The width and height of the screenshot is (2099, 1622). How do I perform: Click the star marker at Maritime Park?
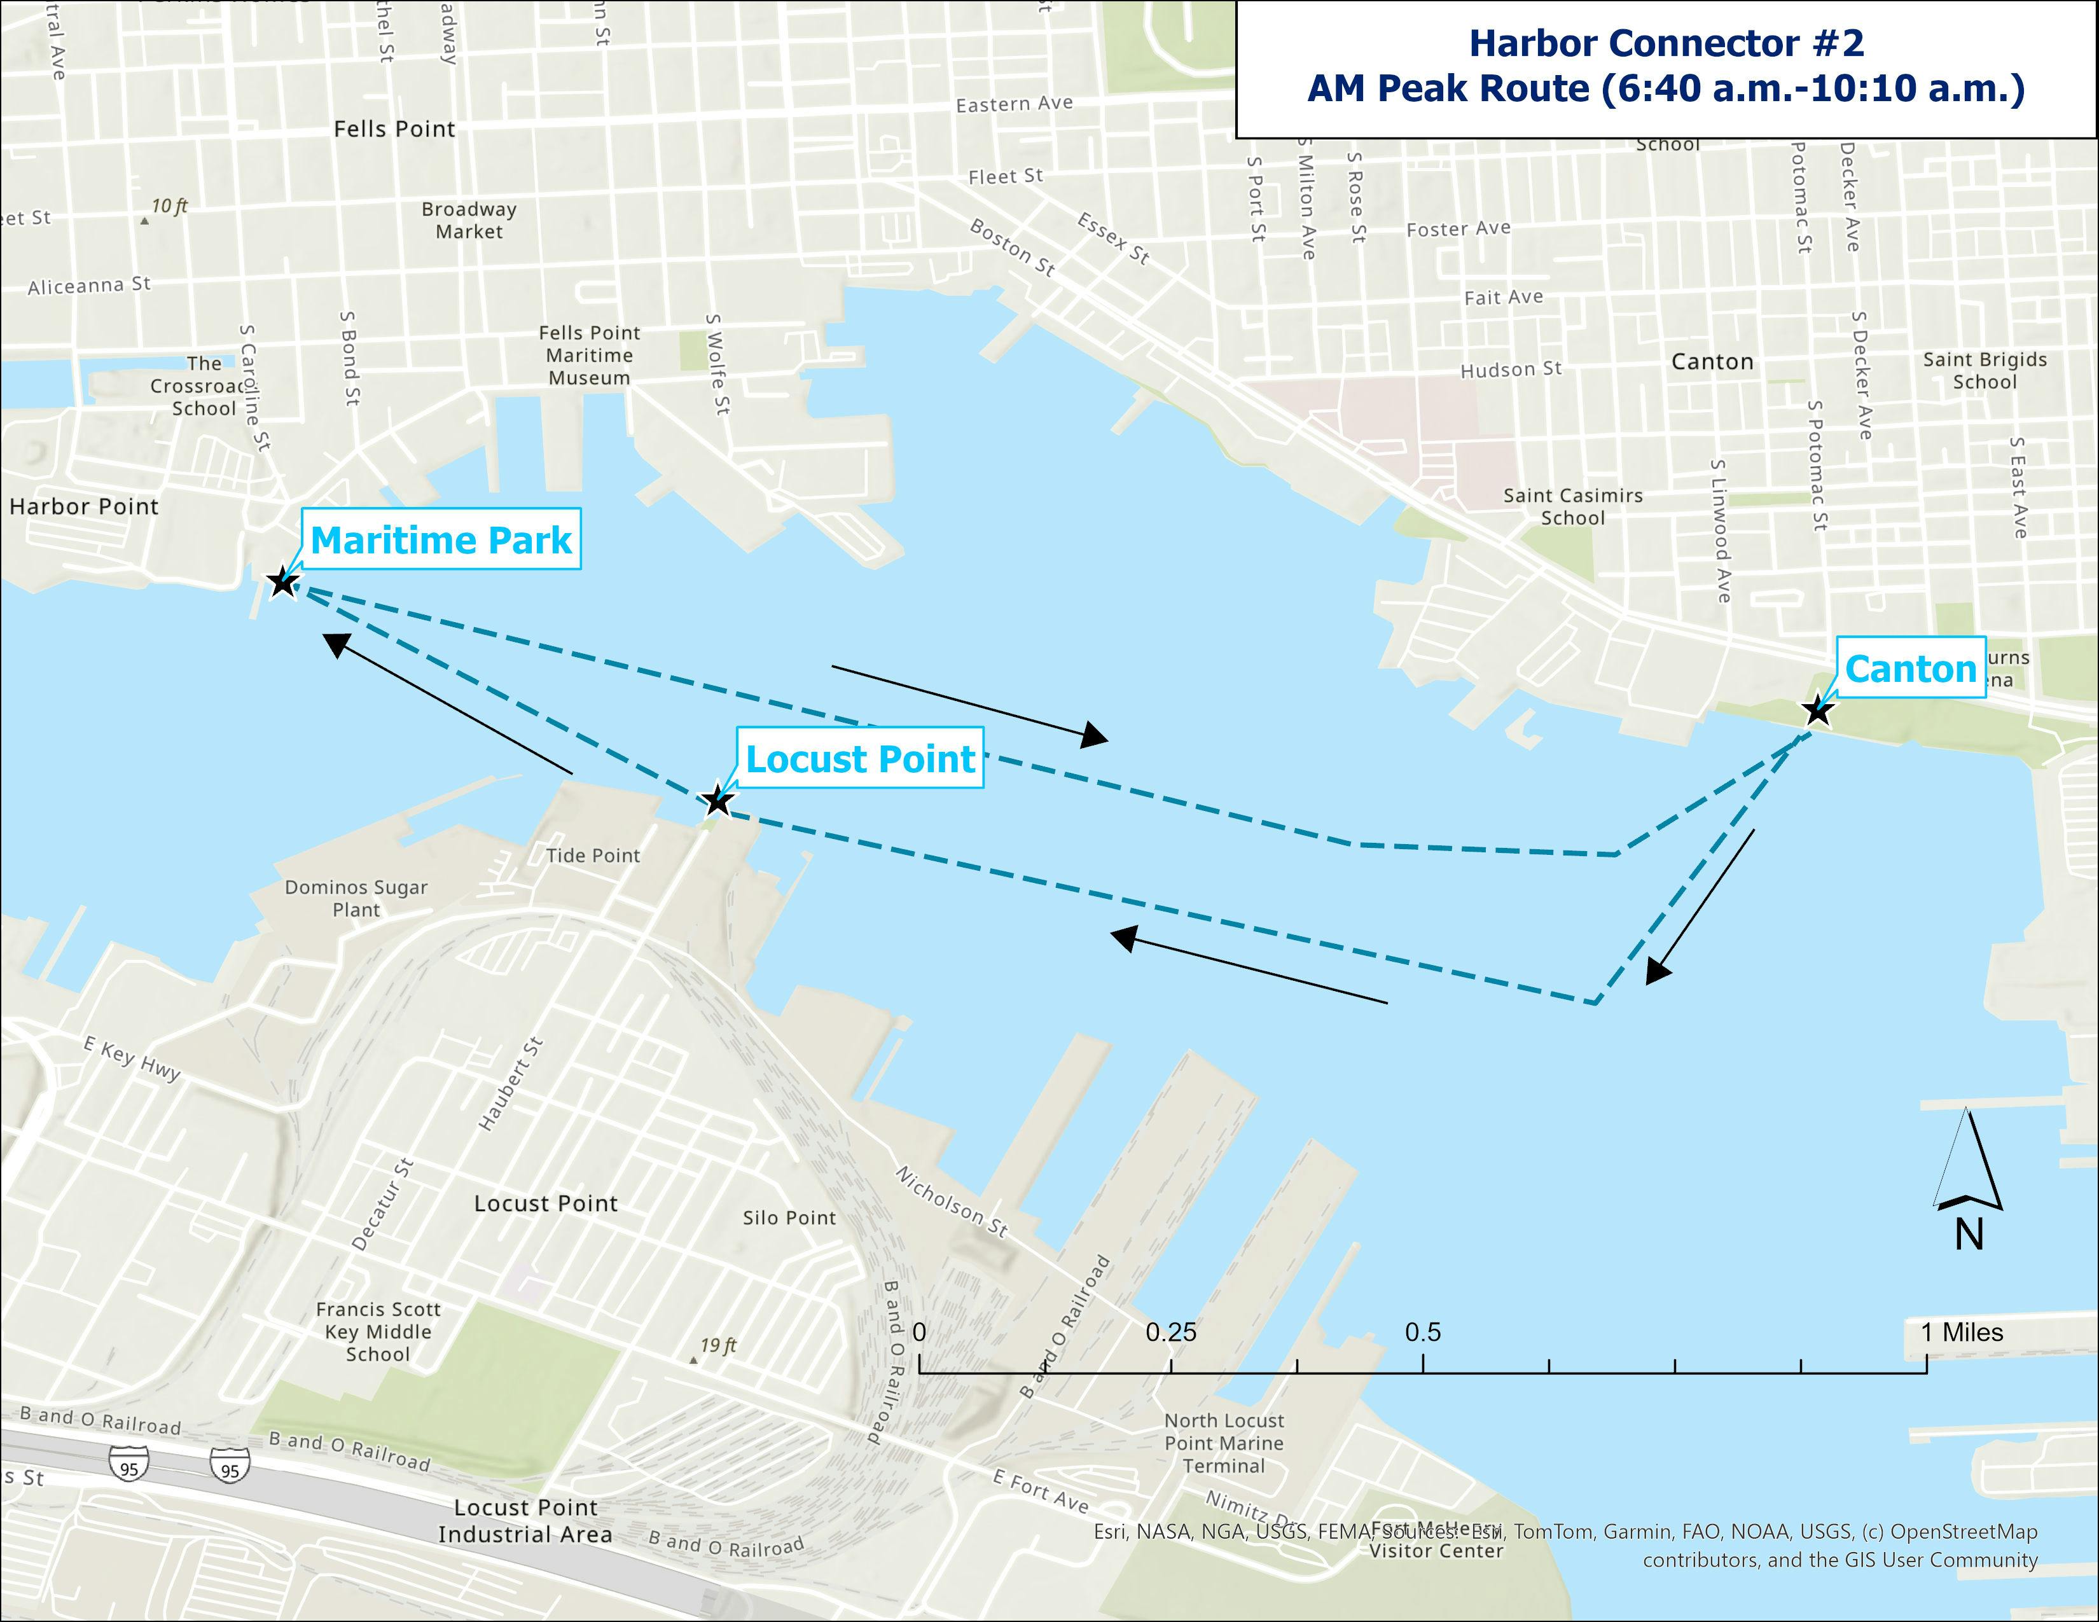pyautogui.click(x=282, y=582)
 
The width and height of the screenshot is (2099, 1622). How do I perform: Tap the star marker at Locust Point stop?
pyautogui.click(x=717, y=800)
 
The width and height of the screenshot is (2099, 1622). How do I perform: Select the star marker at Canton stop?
pyautogui.click(x=1817, y=711)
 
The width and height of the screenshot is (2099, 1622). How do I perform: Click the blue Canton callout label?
pyautogui.click(x=1909, y=669)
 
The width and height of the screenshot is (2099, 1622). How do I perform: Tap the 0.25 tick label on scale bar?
pyautogui.click(x=1170, y=1332)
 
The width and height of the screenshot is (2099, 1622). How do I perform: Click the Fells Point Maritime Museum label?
pyautogui.click(x=589, y=356)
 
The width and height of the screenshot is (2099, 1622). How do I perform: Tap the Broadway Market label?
pyautogui.click(x=469, y=220)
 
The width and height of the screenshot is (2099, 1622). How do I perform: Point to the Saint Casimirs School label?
pyautogui.click(x=1573, y=506)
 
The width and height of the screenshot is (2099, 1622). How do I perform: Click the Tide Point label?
pyautogui.click(x=593, y=855)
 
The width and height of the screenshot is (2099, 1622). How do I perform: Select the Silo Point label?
pyautogui.click(x=789, y=1217)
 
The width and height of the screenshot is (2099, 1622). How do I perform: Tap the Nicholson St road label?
pyautogui.click(x=952, y=1201)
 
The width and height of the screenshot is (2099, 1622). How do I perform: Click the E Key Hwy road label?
pyautogui.click(x=132, y=1059)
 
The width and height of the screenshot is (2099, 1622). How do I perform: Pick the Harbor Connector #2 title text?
pyautogui.click(x=1666, y=43)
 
